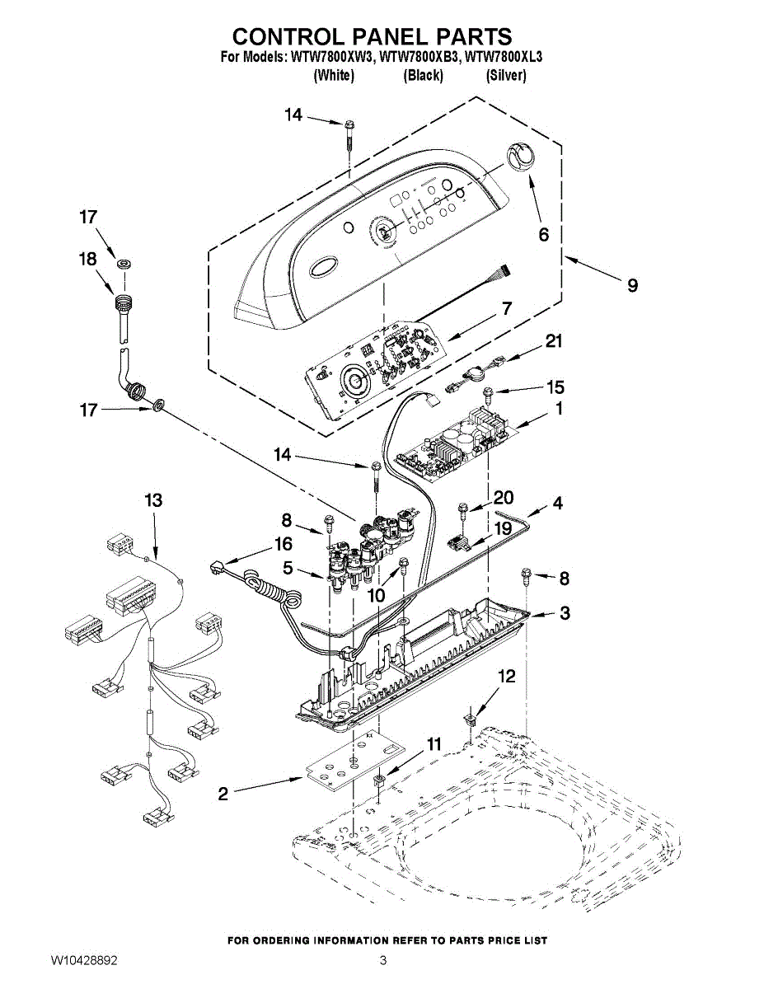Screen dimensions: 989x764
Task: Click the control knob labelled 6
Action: (x=520, y=155)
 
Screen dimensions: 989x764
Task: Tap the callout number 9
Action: (x=631, y=285)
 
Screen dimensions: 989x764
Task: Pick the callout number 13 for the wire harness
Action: (x=153, y=499)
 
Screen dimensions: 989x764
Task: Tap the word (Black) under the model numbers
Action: (x=423, y=76)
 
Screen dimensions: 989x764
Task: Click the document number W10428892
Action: (x=82, y=960)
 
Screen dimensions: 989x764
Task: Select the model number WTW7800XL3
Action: (x=504, y=58)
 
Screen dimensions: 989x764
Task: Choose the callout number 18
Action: (x=87, y=258)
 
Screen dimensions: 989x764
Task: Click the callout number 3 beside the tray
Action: (x=564, y=612)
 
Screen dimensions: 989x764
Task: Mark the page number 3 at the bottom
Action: (x=382, y=960)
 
